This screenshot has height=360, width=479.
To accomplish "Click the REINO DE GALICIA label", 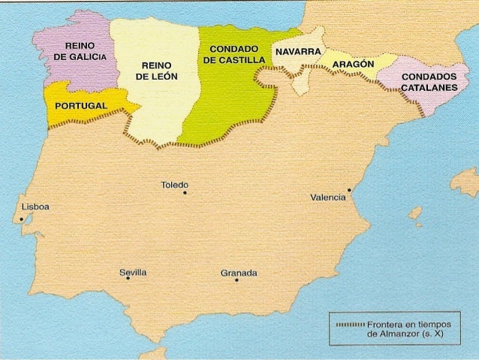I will [x=79, y=53].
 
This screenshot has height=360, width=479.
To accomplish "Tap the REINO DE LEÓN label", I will [x=156, y=71].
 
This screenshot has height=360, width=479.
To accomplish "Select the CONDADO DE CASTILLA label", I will [x=233, y=54].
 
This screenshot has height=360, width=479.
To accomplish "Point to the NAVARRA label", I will [x=298, y=52].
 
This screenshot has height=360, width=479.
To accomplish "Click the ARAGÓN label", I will [x=352, y=65].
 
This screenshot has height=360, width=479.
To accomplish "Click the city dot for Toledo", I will [x=185, y=193].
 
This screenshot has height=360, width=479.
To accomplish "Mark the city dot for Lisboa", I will [x=22, y=219].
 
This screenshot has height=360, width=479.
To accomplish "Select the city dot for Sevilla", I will [x=128, y=278].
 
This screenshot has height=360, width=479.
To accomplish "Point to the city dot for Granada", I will [x=236, y=280].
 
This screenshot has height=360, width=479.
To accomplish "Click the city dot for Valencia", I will [x=350, y=189].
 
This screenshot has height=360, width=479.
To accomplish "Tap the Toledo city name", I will [x=175, y=185].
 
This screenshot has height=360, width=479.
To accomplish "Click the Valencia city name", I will [x=327, y=198].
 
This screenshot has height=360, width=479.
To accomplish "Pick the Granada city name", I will [x=239, y=272].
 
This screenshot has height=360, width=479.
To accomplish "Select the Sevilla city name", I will [x=133, y=271].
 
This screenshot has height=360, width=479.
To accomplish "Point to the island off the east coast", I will [x=465, y=180].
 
